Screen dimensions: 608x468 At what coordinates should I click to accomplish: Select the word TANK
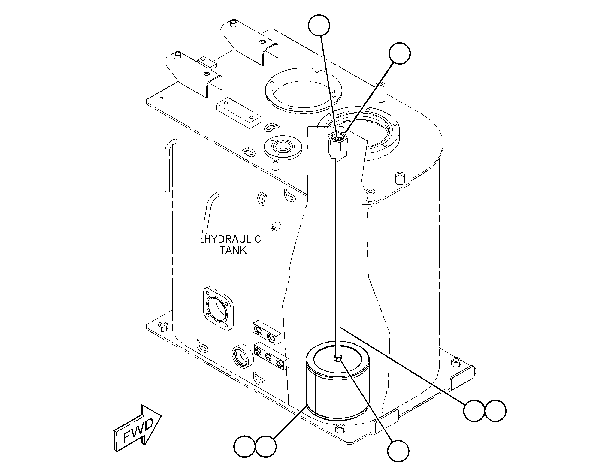click(233, 250)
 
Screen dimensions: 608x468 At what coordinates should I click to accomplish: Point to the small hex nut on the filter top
click(337, 358)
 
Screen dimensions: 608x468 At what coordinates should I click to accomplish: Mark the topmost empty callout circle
click(319, 25)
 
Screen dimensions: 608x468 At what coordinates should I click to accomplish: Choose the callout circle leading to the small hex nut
click(398, 451)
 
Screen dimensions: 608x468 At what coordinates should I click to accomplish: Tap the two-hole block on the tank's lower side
click(267, 332)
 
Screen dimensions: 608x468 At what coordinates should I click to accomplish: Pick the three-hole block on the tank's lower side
click(271, 357)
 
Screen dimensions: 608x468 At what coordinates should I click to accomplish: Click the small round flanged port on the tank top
click(283, 148)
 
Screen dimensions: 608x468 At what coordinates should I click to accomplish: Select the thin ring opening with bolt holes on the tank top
click(303, 93)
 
